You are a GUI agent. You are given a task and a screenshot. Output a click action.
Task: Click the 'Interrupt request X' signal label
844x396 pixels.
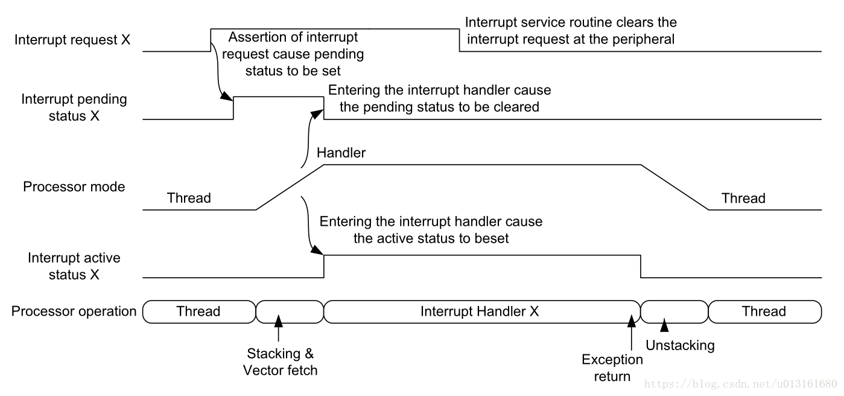[x=72, y=40]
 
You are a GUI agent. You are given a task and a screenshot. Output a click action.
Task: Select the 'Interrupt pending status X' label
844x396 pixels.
[x=74, y=107]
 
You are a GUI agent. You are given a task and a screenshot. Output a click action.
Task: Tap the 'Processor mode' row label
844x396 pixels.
[x=74, y=187]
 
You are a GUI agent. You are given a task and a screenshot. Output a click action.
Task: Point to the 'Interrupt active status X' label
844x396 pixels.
[x=74, y=266]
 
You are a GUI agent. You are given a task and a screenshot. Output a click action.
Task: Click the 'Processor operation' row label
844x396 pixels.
[x=74, y=311]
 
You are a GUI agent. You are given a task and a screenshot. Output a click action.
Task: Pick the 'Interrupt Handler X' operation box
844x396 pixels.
[x=482, y=312]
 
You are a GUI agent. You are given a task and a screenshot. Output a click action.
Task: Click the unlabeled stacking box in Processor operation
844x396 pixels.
[x=290, y=312]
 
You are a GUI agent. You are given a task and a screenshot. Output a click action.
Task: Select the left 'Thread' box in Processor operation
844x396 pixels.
[x=199, y=312]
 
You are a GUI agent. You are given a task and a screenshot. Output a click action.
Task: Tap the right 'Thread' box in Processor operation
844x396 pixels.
[x=765, y=312]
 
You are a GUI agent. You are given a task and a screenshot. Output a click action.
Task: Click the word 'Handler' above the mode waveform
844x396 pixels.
[x=341, y=153]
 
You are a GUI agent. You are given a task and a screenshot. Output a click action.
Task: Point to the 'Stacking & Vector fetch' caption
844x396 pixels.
[x=280, y=362]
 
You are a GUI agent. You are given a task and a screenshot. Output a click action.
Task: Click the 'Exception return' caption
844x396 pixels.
[x=612, y=368]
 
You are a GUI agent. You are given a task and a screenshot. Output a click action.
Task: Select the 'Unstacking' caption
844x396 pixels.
[x=680, y=345]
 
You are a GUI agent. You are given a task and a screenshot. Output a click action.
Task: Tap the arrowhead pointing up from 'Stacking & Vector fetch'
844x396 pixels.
[x=279, y=321]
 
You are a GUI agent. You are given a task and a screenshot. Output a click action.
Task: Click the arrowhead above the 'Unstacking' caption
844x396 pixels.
[x=664, y=325]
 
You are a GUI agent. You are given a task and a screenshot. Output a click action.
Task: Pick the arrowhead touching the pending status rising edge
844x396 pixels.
[x=226, y=96]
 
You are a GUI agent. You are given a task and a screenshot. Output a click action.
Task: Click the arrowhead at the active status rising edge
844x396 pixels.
[x=317, y=250]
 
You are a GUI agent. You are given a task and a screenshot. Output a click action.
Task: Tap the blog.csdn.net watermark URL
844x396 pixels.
[x=741, y=384]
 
